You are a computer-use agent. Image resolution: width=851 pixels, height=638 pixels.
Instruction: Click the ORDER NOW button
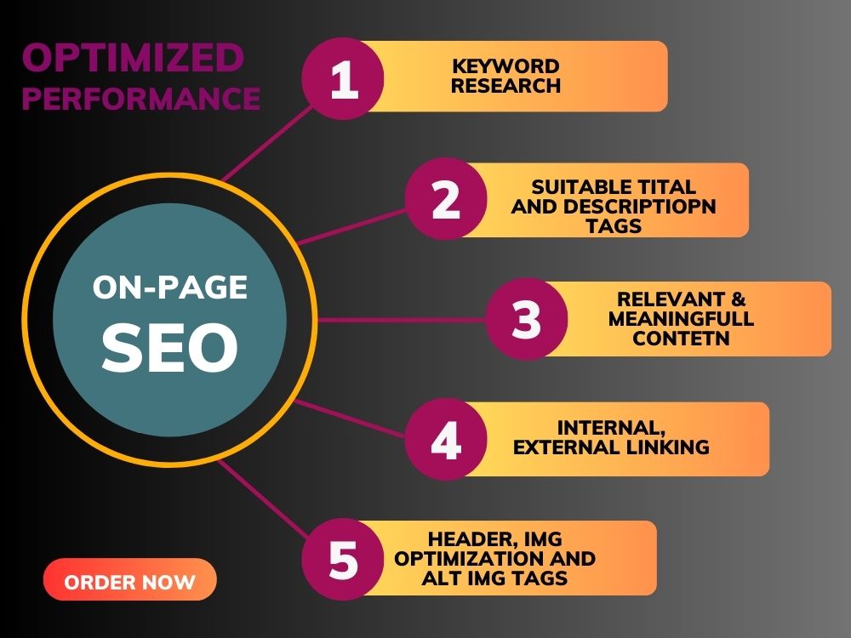(x=129, y=579)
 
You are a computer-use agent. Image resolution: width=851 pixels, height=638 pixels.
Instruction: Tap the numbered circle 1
(x=343, y=78)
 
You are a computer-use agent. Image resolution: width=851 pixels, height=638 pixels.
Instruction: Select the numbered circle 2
(x=446, y=199)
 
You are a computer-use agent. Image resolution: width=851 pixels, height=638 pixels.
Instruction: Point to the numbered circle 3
(x=527, y=319)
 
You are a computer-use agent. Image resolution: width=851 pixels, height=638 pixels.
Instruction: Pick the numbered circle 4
(x=446, y=440)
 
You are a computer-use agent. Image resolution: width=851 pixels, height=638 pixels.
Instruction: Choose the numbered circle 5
(x=343, y=560)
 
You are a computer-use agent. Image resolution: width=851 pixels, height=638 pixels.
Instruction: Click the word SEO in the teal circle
(x=170, y=347)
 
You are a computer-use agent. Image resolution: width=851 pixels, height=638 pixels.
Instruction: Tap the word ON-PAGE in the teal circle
(x=170, y=287)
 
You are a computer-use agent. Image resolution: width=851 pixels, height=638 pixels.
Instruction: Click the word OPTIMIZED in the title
(x=133, y=58)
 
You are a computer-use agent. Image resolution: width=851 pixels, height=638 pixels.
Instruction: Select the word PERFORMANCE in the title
(x=141, y=98)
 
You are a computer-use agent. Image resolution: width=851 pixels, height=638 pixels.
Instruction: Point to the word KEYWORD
(x=505, y=66)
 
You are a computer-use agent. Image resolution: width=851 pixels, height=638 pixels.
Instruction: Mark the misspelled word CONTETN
(x=681, y=338)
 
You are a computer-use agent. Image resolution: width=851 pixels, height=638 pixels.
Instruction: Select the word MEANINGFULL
(x=681, y=318)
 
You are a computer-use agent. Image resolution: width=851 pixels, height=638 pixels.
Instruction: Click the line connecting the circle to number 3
(x=401, y=320)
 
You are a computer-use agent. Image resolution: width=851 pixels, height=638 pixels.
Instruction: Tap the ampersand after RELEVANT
(x=738, y=299)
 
